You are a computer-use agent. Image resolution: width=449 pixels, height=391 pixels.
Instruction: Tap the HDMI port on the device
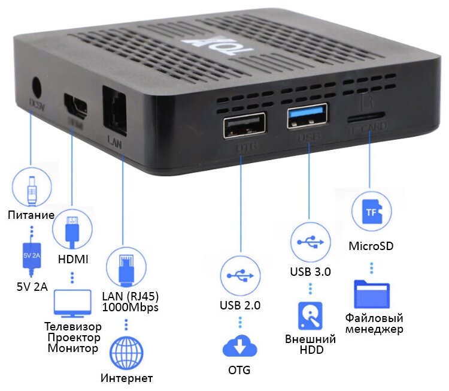pyautogui.click(x=76, y=109)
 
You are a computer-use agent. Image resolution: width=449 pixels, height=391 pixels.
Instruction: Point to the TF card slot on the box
pyautogui.click(x=366, y=113)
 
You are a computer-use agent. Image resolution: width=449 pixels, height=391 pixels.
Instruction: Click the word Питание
pyautogui.click(x=31, y=215)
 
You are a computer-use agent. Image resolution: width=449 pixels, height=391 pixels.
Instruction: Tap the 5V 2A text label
pyautogui.click(x=32, y=286)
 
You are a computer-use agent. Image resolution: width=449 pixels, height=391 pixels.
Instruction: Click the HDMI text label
pyautogui.click(x=72, y=258)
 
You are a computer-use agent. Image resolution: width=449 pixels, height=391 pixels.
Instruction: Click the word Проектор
pyautogui.click(x=72, y=337)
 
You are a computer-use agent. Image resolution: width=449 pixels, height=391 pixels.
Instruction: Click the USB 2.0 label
pyautogui.click(x=240, y=305)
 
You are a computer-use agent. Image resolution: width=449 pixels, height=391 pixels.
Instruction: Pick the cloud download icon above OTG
pyautogui.click(x=239, y=347)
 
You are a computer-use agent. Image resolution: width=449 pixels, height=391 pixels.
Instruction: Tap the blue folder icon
pyautogui.click(x=373, y=293)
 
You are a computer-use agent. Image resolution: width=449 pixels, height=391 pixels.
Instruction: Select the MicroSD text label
pyautogui.click(x=371, y=246)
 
